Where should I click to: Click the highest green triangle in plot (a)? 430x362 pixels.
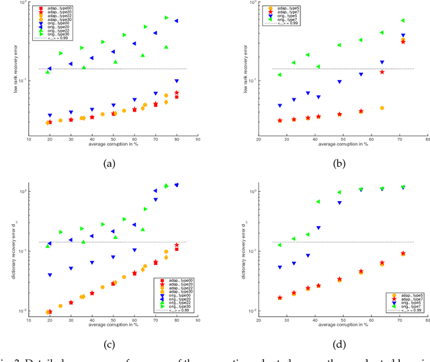point(167,17)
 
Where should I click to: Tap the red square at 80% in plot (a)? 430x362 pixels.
point(177,97)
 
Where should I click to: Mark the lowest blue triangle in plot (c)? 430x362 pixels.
point(50,275)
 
